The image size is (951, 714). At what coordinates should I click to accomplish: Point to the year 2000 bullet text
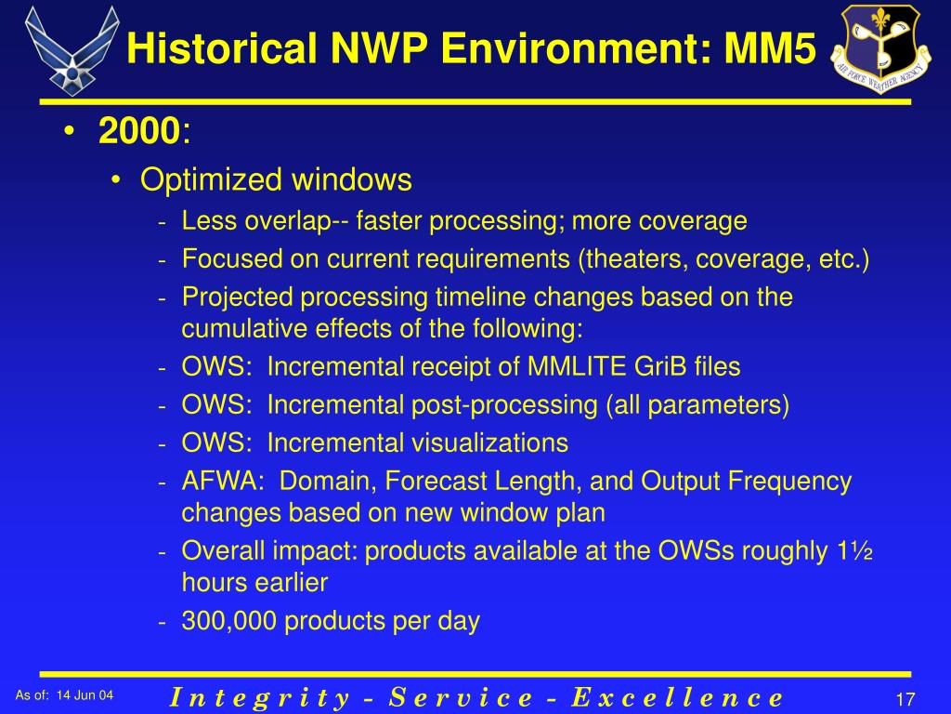(x=138, y=133)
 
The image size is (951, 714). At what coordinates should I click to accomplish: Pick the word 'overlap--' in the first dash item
(x=301, y=221)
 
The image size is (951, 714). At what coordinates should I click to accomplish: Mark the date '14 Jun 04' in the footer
(x=85, y=695)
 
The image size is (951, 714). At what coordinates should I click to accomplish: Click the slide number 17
(x=906, y=698)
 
